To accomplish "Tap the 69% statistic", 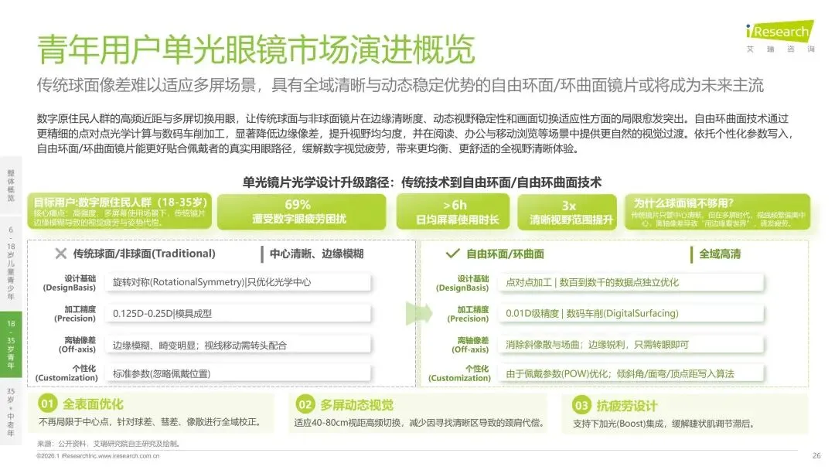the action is pyautogui.click(x=298, y=205).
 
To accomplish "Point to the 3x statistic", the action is pyautogui.click(x=568, y=206).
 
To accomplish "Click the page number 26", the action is pyautogui.click(x=816, y=455).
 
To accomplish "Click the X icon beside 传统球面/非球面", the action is pyautogui.click(x=61, y=254).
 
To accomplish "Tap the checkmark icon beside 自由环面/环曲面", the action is pyautogui.click(x=453, y=254).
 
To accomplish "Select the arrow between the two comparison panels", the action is pyautogui.click(x=415, y=313).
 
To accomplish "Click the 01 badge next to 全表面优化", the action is pyautogui.click(x=48, y=404).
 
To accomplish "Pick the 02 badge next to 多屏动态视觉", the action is pyautogui.click(x=305, y=404).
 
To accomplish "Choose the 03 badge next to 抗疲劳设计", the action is pyautogui.click(x=581, y=405).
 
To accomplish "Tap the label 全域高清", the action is pyautogui.click(x=719, y=254).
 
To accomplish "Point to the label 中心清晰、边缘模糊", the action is pyautogui.click(x=316, y=254).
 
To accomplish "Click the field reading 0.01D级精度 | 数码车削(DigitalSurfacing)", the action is pyautogui.click(x=591, y=313).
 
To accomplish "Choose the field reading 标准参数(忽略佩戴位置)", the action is pyautogui.click(x=162, y=373).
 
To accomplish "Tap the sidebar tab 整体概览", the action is pyautogui.click(x=11, y=186).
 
